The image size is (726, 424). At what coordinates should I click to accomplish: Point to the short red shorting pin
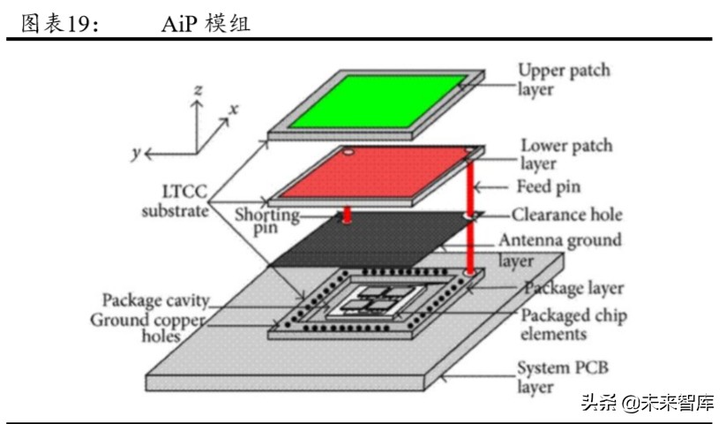[x=348, y=215]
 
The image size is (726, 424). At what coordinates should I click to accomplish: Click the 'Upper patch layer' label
[x=564, y=79]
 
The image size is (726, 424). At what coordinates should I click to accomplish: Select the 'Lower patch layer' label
[x=565, y=154]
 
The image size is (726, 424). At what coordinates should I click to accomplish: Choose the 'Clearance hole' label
[x=567, y=214]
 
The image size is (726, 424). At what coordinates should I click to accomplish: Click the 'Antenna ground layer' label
[x=559, y=248]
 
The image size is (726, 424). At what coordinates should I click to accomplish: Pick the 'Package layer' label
[x=573, y=288]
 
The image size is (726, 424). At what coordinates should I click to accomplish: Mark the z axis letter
[x=199, y=89]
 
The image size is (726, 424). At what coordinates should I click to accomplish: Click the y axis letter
[x=137, y=153]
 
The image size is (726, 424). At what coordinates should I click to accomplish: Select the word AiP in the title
[x=177, y=24]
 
